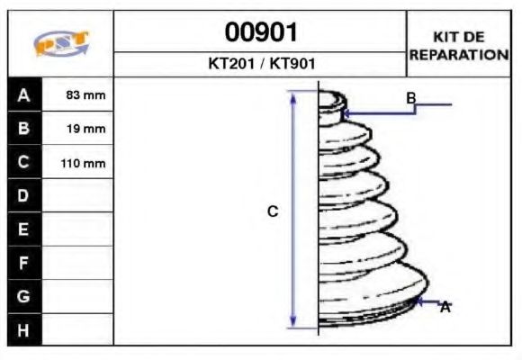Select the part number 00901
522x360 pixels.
(261, 33)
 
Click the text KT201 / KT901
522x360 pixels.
(261, 65)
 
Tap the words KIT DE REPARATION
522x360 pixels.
(459, 45)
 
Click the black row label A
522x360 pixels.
(24, 94)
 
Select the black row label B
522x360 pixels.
(24, 129)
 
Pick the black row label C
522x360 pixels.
(24, 163)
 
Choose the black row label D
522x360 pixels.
(24, 195)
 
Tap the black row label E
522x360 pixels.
(24, 229)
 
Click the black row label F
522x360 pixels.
(24, 263)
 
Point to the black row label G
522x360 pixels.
(24, 296)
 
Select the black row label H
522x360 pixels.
(24, 330)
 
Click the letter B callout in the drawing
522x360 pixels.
(410, 97)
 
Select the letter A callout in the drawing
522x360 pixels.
(445, 308)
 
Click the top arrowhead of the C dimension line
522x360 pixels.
(292, 95)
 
